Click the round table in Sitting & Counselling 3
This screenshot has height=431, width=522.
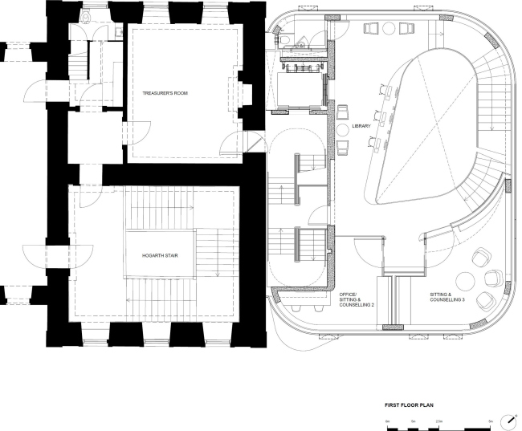point(465,280)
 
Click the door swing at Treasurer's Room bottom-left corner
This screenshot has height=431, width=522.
point(139,132)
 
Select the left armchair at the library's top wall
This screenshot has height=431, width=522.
point(372,29)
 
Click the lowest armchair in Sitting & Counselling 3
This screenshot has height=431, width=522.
point(484,301)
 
